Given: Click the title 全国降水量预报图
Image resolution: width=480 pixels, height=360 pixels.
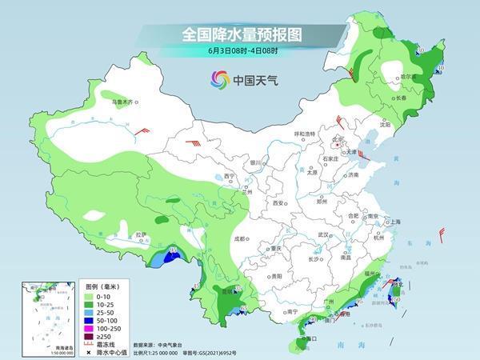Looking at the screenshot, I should pyautogui.click(x=240, y=34).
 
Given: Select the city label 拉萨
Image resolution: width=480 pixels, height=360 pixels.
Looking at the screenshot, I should pyautogui.click(x=141, y=234).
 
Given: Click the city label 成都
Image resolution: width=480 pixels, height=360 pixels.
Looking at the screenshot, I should pyautogui.click(x=239, y=238).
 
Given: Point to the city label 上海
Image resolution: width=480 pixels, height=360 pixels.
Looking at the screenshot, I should pyautogui.click(x=392, y=222).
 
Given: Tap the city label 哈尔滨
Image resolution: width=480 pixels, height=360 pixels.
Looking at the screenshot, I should pyautogui.click(x=407, y=77).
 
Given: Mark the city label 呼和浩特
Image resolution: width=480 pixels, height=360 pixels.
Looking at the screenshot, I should pyautogui.click(x=305, y=134).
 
